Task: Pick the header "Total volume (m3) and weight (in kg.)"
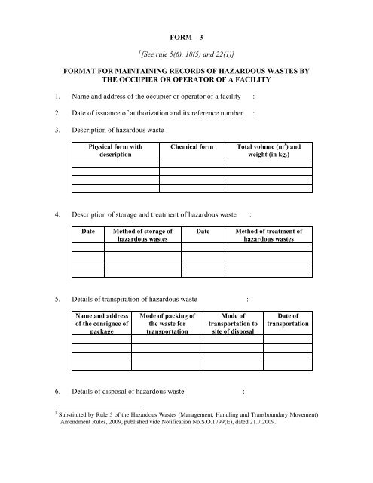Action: click(x=269, y=151)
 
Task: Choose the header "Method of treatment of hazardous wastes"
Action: click(x=269, y=235)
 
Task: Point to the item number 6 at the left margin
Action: click(x=47, y=391)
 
